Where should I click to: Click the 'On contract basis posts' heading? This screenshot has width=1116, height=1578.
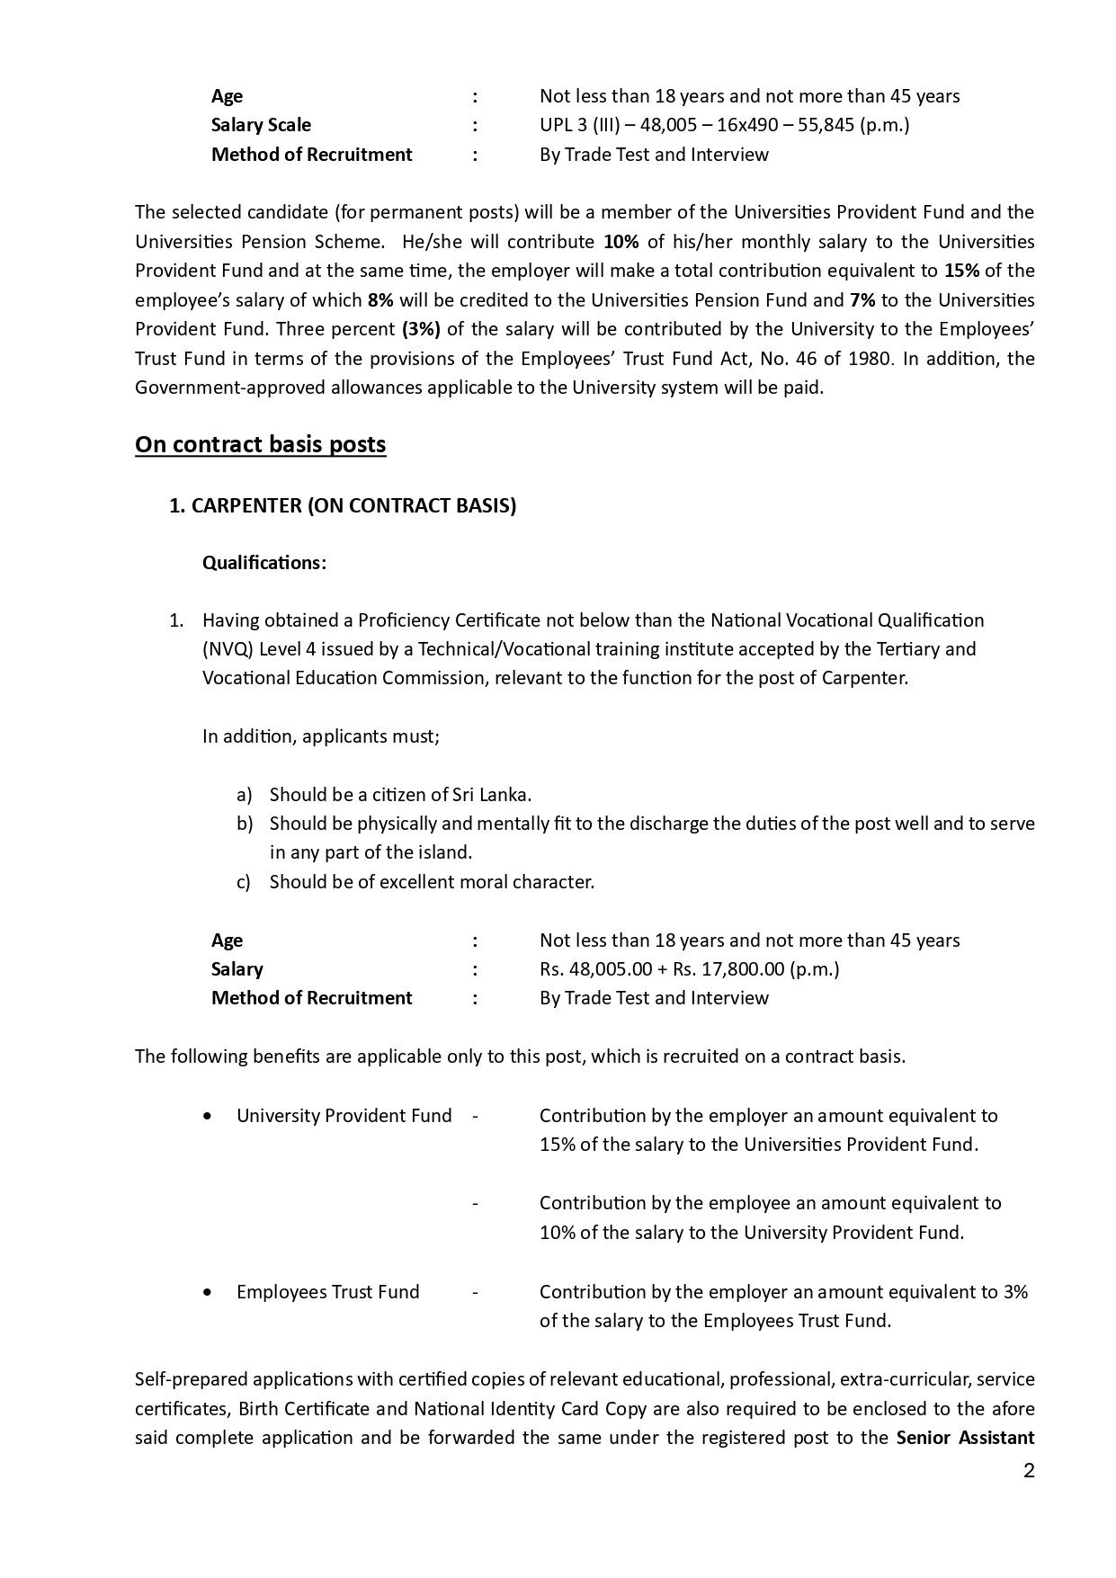pos(261,445)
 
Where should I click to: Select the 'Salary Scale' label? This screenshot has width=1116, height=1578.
pos(261,125)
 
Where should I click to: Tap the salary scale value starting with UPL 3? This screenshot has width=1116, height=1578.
pos(724,125)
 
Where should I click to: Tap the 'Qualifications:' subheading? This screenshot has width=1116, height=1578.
pos(264,563)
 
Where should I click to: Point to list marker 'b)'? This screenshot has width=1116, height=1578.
pos(245,824)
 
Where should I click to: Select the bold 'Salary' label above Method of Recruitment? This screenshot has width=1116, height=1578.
pos(237,969)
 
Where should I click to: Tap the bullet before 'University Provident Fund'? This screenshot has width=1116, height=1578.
pos(209,1116)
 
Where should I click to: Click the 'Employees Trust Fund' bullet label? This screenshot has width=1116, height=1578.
pos(327,1292)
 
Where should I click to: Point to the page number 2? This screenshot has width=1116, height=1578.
pos(1029,1471)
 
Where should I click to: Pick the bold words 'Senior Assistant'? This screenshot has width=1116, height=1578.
pos(965,1438)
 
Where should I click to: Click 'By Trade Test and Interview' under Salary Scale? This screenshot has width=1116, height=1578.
pos(654,155)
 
